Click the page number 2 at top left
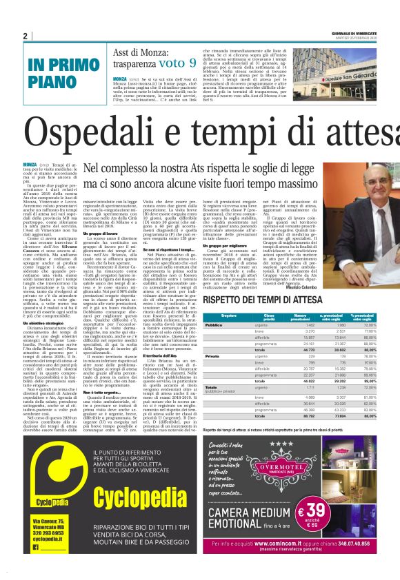[x=25, y=36]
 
